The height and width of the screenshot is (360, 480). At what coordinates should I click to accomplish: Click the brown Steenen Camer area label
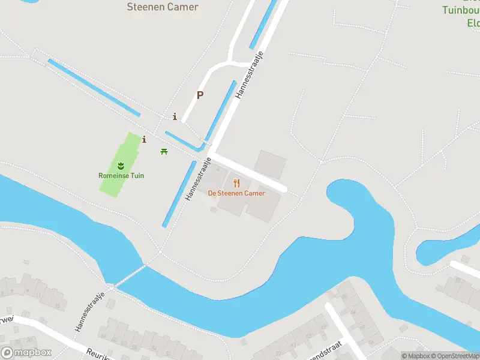[163, 7]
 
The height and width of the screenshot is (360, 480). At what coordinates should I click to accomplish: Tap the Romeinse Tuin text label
[121, 176]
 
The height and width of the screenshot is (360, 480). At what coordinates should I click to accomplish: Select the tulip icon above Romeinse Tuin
[121, 164]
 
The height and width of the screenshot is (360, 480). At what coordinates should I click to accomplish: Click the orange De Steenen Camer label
[236, 193]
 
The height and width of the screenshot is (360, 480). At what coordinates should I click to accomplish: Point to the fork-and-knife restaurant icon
[236, 183]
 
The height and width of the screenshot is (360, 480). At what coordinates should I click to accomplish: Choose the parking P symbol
[200, 95]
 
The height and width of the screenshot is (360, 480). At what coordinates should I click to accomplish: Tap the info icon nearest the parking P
[175, 116]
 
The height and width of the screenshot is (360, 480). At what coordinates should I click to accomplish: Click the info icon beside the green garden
[144, 140]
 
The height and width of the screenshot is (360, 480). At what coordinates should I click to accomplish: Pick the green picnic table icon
[164, 151]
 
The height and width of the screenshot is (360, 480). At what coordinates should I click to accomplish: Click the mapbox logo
[26, 353]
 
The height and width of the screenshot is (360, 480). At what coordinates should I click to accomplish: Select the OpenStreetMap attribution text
[455, 356]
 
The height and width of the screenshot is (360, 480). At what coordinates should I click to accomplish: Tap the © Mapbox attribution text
[416, 356]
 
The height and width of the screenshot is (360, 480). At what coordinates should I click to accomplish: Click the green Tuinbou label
[461, 10]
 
